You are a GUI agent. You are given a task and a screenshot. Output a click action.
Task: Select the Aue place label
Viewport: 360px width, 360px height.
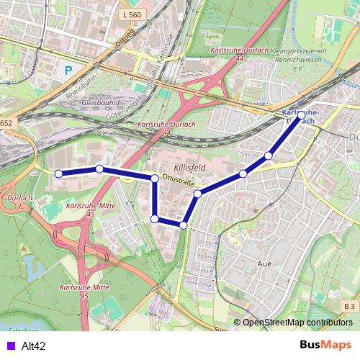click(264, 264)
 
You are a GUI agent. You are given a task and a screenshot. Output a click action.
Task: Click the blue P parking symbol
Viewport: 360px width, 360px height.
click(68, 71)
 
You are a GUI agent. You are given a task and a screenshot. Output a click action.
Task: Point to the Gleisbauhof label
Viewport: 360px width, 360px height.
click(81, 102)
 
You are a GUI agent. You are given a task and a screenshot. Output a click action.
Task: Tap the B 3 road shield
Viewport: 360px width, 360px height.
click(349, 307)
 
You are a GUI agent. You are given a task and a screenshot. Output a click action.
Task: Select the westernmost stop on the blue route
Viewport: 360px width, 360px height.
click(59, 173)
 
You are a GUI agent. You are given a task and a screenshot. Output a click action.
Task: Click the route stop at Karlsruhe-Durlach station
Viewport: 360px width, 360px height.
click(300, 114)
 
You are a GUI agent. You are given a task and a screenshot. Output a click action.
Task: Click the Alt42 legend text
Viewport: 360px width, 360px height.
click(34, 346)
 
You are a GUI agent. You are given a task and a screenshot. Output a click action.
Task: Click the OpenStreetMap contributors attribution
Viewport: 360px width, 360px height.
click(297, 323)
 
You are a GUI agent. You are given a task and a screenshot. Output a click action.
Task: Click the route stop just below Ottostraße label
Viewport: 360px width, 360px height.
click(197, 193)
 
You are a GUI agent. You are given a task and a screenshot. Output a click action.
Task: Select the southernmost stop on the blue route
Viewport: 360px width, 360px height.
click(183, 225)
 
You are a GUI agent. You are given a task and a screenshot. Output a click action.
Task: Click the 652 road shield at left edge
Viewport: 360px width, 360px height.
click(6, 123)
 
